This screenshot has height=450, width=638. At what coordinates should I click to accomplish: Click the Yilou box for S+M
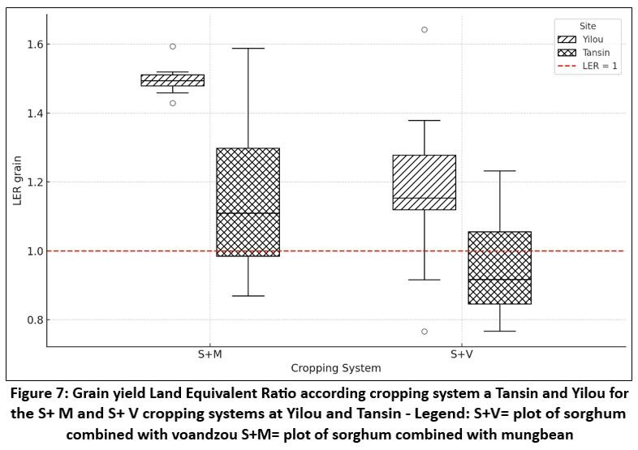pyautogui.click(x=172, y=80)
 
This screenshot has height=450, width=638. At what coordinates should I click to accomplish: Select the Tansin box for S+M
pyautogui.click(x=248, y=202)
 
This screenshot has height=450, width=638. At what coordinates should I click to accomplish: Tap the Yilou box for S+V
pyautogui.click(x=424, y=182)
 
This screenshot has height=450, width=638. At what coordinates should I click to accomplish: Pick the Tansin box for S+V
pyautogui.click(x=499, y=268)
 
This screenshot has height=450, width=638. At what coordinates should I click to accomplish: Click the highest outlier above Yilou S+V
pyautogui.click(x=424, y=30)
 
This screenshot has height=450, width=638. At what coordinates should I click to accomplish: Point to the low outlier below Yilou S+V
pyautogui.click(x=424, y=332)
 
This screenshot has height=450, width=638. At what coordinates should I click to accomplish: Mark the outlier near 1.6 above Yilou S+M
pyautogui.click(x=172, y=46)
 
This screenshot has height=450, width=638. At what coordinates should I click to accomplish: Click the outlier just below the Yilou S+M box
pyautogui.click(x=172, y=103)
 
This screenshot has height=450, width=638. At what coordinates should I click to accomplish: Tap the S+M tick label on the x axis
pyautogui.click(x=210, y=355)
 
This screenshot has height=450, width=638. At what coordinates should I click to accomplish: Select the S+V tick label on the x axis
pyautogui.click(x=462, y=355)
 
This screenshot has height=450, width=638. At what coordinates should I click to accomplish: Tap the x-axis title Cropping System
pyautogui.click(x=335, y=369)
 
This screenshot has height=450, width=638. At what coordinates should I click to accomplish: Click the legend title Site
pyautogui.click(x=588, y=26)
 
